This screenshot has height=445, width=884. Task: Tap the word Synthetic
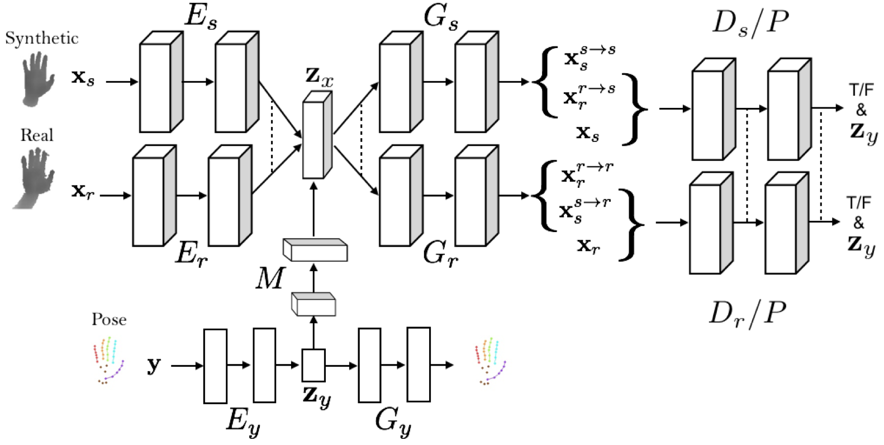(x=41, y=38)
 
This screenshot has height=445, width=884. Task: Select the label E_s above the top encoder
(x=201, y=17)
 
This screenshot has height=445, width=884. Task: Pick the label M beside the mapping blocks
(x=269, y=278)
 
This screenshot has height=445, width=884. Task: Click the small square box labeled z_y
(x=313, y=365)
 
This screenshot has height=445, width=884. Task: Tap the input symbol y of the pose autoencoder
(x=153, y=366)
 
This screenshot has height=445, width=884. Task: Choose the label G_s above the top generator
(x=441, y=17)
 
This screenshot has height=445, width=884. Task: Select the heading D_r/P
(x=748, y=314)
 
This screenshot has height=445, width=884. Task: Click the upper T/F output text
(x=861, y=89)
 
